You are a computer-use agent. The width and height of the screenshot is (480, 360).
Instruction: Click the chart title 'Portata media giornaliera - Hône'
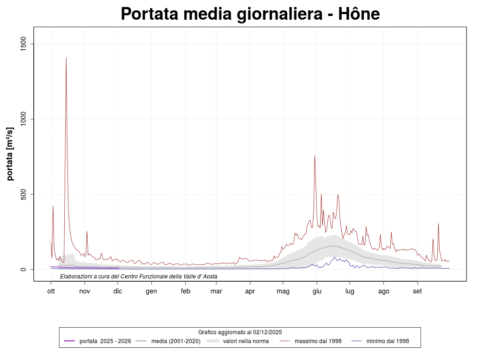pyautogui.click(x=250, y=14)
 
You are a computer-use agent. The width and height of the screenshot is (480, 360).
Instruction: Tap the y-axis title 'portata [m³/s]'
pyautogui.click(x=10, y=153)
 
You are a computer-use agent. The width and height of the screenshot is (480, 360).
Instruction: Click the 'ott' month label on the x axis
pyautogui.click(x=51, y=291)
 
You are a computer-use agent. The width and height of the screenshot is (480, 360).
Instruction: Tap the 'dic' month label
pyautogui.click(x=118, y=291)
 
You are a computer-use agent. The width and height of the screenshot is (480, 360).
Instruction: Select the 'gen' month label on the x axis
pyautogui.click(x=151, y=291)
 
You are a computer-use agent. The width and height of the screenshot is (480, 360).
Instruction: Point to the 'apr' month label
pyautogui.click(x=250, y=291)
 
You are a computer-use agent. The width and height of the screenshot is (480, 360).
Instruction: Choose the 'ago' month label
pyautogui.click(x=383, y=291)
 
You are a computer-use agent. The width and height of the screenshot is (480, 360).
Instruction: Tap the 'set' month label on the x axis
pyautogui.click(x=417, y=291)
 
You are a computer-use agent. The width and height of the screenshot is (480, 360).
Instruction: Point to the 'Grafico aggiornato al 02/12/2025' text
pyautogui.click(x=240, y=332)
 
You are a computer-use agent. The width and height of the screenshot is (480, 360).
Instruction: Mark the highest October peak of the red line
pyautogui.click(x=66, y=58)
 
